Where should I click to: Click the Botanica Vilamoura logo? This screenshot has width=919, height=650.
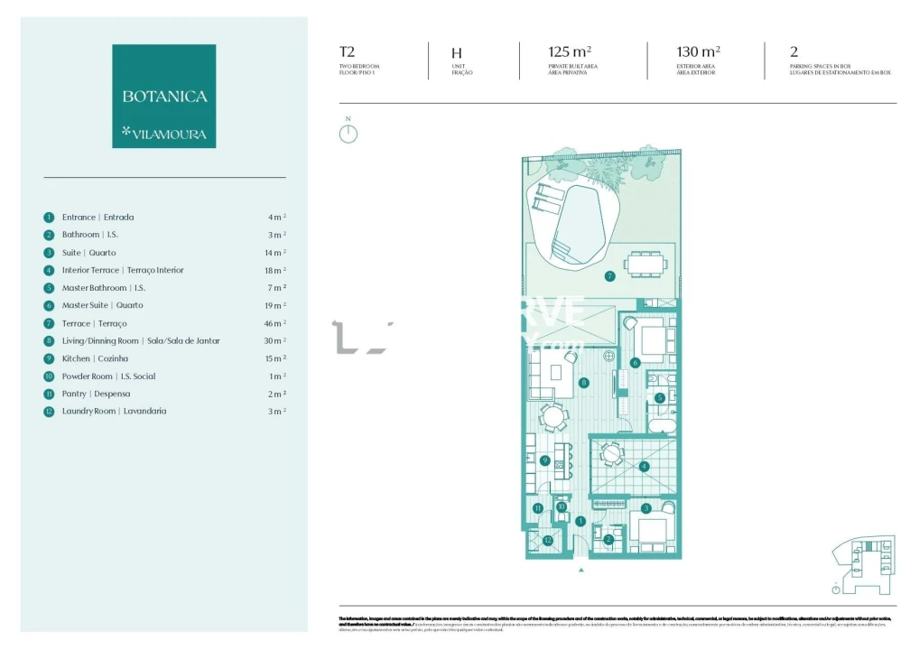tap(163, 96)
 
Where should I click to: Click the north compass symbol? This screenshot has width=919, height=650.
tap(348, 134)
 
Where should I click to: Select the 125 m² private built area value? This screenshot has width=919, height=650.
tap(570, 52)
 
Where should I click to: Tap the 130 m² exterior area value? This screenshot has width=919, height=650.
tap(698, 52)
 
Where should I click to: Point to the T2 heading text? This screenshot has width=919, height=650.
tap(347, 52)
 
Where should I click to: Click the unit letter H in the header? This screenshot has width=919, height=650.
tap(457, 53)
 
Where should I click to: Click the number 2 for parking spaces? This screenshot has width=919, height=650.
tap(794, 52)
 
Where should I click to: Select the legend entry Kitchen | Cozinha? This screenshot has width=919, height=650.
tap(95, 358)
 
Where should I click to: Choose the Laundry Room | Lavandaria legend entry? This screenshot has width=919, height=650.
tap(114, 411)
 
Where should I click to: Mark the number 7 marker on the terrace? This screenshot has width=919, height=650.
tap(610, 275)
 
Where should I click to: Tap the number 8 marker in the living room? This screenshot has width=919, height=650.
tap(584, 383)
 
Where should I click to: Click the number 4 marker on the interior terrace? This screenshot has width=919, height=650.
tap(643, 467)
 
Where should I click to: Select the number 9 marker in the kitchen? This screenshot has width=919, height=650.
tap(544, 460)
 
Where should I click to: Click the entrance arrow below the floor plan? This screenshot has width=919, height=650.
tap(580, 570)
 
